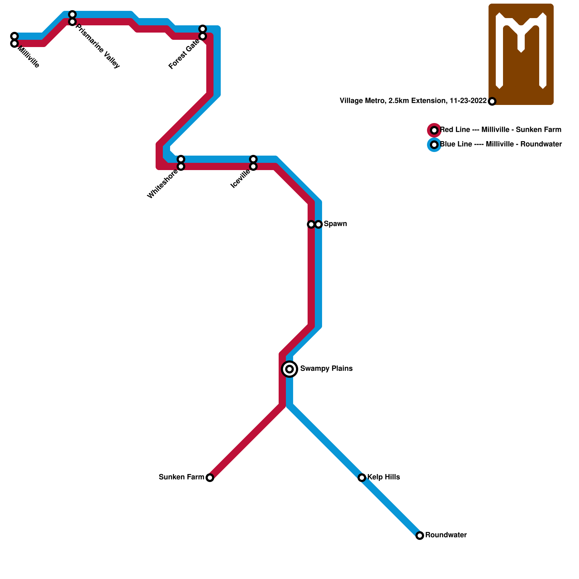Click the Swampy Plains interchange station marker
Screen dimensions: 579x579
(289, 369)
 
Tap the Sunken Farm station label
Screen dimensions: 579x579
(181, 477)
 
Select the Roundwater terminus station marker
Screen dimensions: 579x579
(420, 536)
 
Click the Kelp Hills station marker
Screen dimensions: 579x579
(362, 478)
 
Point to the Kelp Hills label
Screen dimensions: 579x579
(384, 477)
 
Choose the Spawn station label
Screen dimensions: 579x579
(335, 224)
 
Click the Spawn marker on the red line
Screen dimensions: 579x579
(311, 224)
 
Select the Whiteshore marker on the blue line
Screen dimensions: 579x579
(181, 159)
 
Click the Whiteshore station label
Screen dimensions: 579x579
(162, 184)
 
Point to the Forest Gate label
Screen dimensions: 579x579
(184, 54)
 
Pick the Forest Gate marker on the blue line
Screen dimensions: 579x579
(203, 29)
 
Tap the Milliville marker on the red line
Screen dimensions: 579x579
(14, 43)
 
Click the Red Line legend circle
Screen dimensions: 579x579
(434, 130)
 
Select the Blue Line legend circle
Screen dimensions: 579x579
(434, 145)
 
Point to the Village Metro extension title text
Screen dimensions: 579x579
(413, 101)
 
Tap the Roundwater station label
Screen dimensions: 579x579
(446, 535)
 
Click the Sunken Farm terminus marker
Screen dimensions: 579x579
(210, 478)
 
